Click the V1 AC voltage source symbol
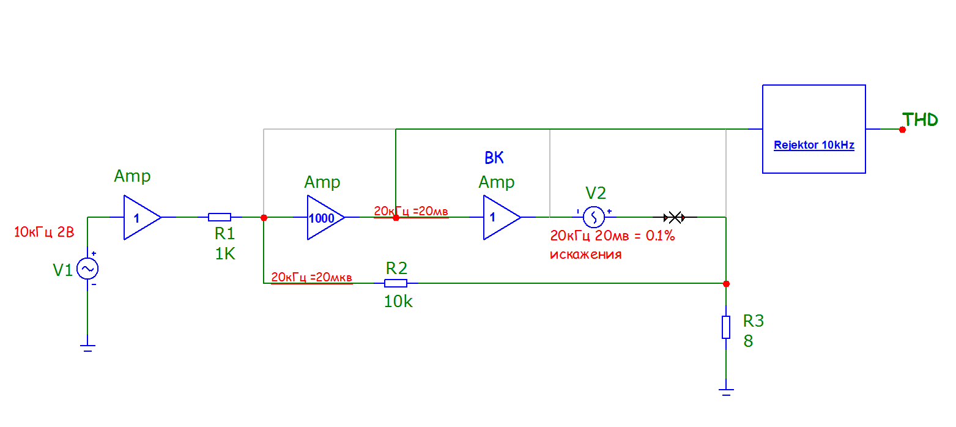87,269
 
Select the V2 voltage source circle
593,217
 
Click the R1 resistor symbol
220,217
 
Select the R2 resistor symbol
396,283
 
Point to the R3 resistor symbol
726,327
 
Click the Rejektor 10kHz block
813,129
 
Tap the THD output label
921,120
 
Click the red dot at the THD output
902,129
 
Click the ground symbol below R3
726,392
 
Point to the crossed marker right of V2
674,217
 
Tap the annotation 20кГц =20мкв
312,277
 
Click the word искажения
585,254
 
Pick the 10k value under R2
398,301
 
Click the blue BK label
494,158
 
